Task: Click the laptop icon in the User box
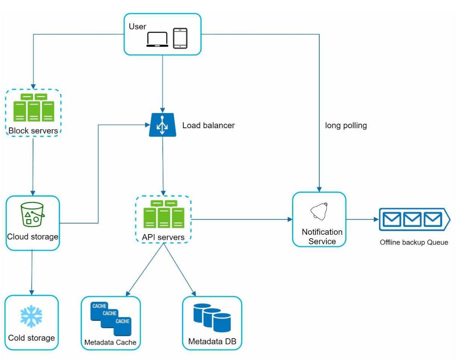pyautogui.click(x=157, y=39)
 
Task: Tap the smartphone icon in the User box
pyautogui.click(x=180, y=38)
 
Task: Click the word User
pyautogui.click(x=137, y=27)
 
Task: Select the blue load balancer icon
pyautogui.click(x=162, y=125)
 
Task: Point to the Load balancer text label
pyautogui.click(x=208, y=126)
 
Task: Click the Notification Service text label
pyautogui.click(x=322, y=237)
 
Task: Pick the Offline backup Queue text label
pyautogui.click(x=414, y=242)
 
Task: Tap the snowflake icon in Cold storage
pyautogui.click(x=32, y=316)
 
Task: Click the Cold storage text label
pyautogui.click(x=32, y=338)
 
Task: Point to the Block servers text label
pyautogui.click(x=34, y=131)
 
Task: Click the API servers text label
pyautogui.click(x=163, y=237)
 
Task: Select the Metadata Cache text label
pyautogui.click(x=110, y=342)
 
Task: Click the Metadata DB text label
pyautogui.click(x=212, y=342)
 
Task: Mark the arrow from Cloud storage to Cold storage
pyautogui.click(x=32, y=272)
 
